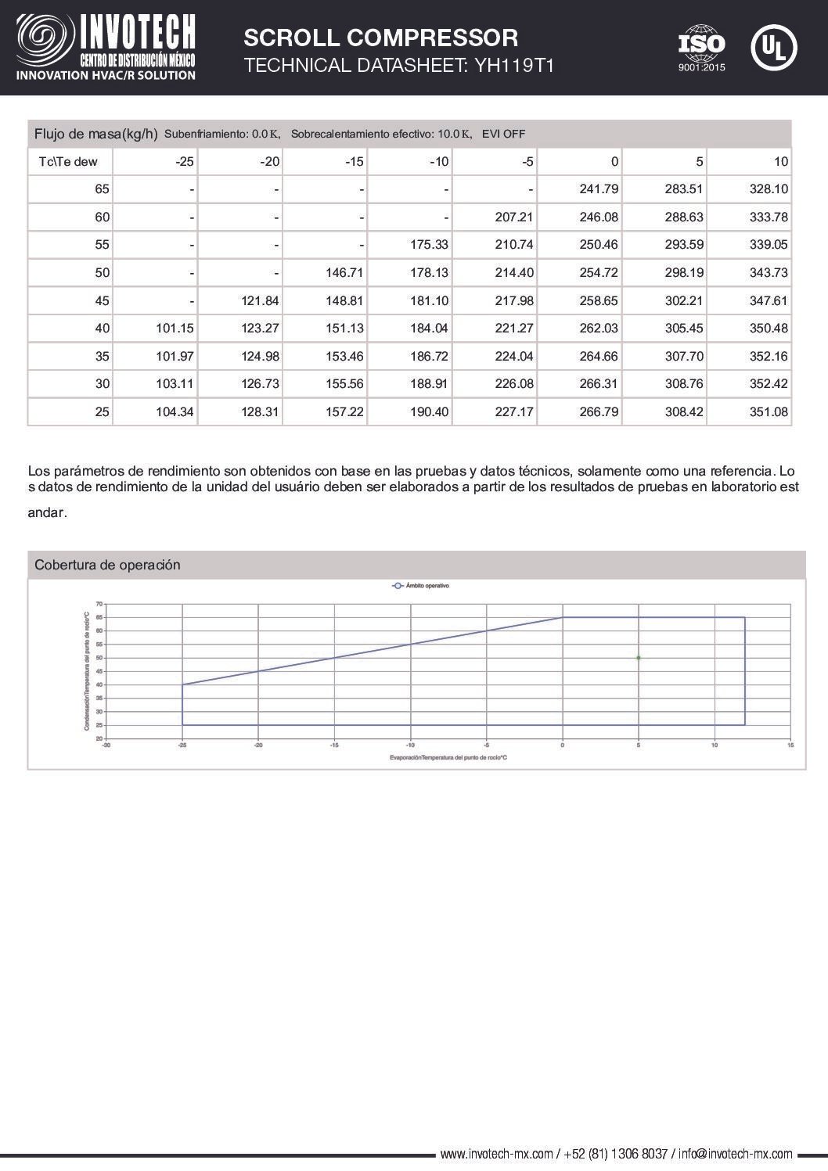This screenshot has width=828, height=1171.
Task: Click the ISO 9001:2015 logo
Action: [701, 48]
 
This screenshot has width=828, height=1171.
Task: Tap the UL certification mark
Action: [773, 48]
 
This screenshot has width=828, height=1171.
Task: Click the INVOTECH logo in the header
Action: [106, 48]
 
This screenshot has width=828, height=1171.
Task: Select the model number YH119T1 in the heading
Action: [514, 66]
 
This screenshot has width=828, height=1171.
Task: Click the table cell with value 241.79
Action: [599, 189]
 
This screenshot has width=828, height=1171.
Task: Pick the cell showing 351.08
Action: [769, 411]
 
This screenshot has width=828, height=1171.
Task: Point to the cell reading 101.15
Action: [175, 329]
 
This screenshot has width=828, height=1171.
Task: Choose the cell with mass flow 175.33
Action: [429, 245]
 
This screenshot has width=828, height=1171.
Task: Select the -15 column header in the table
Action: [355, 162]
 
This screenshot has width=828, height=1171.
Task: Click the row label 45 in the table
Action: [102, 300]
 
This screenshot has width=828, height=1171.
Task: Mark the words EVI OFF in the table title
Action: [503, 134]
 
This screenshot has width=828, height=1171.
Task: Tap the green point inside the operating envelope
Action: [639, 658]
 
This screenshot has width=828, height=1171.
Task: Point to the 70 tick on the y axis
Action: [99, 604]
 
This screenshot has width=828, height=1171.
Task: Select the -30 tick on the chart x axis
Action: [106, 745]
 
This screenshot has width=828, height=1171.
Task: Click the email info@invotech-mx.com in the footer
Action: [736, 1154]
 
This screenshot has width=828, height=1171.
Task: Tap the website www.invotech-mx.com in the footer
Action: [496, 1154]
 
